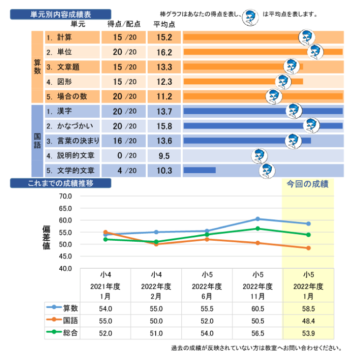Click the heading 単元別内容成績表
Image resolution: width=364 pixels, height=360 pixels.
[60, 14]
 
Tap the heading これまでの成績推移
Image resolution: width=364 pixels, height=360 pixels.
[60, 183]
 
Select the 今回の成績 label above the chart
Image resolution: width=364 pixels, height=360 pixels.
[308, 184]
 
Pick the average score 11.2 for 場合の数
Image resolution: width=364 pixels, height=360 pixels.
[164, 97]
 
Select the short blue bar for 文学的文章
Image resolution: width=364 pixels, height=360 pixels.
[199, 170]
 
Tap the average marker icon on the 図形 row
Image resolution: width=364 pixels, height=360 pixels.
[283, 82]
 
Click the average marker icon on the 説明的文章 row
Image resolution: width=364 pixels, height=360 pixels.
[259, 156]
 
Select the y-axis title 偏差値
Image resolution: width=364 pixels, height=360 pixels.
[47, 238]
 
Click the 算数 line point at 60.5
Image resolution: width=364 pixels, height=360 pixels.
[258, 219]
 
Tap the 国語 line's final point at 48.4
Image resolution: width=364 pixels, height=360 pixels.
[308, 248]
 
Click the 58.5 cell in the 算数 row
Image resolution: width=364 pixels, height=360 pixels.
[308, 308]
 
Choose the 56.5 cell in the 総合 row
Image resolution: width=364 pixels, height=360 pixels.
[258, 333]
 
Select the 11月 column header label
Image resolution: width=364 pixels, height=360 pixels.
[258, 296]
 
